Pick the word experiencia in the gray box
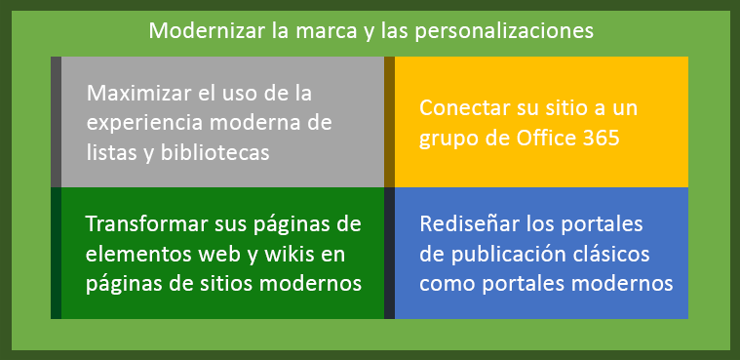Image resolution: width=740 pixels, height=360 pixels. click(148, 123)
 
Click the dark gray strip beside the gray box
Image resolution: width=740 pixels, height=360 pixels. click(56, 122)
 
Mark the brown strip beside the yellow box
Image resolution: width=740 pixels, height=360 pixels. click(389, 122)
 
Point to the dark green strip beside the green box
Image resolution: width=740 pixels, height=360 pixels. click(56, 253)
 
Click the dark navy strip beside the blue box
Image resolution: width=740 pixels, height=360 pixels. click(389, 253)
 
